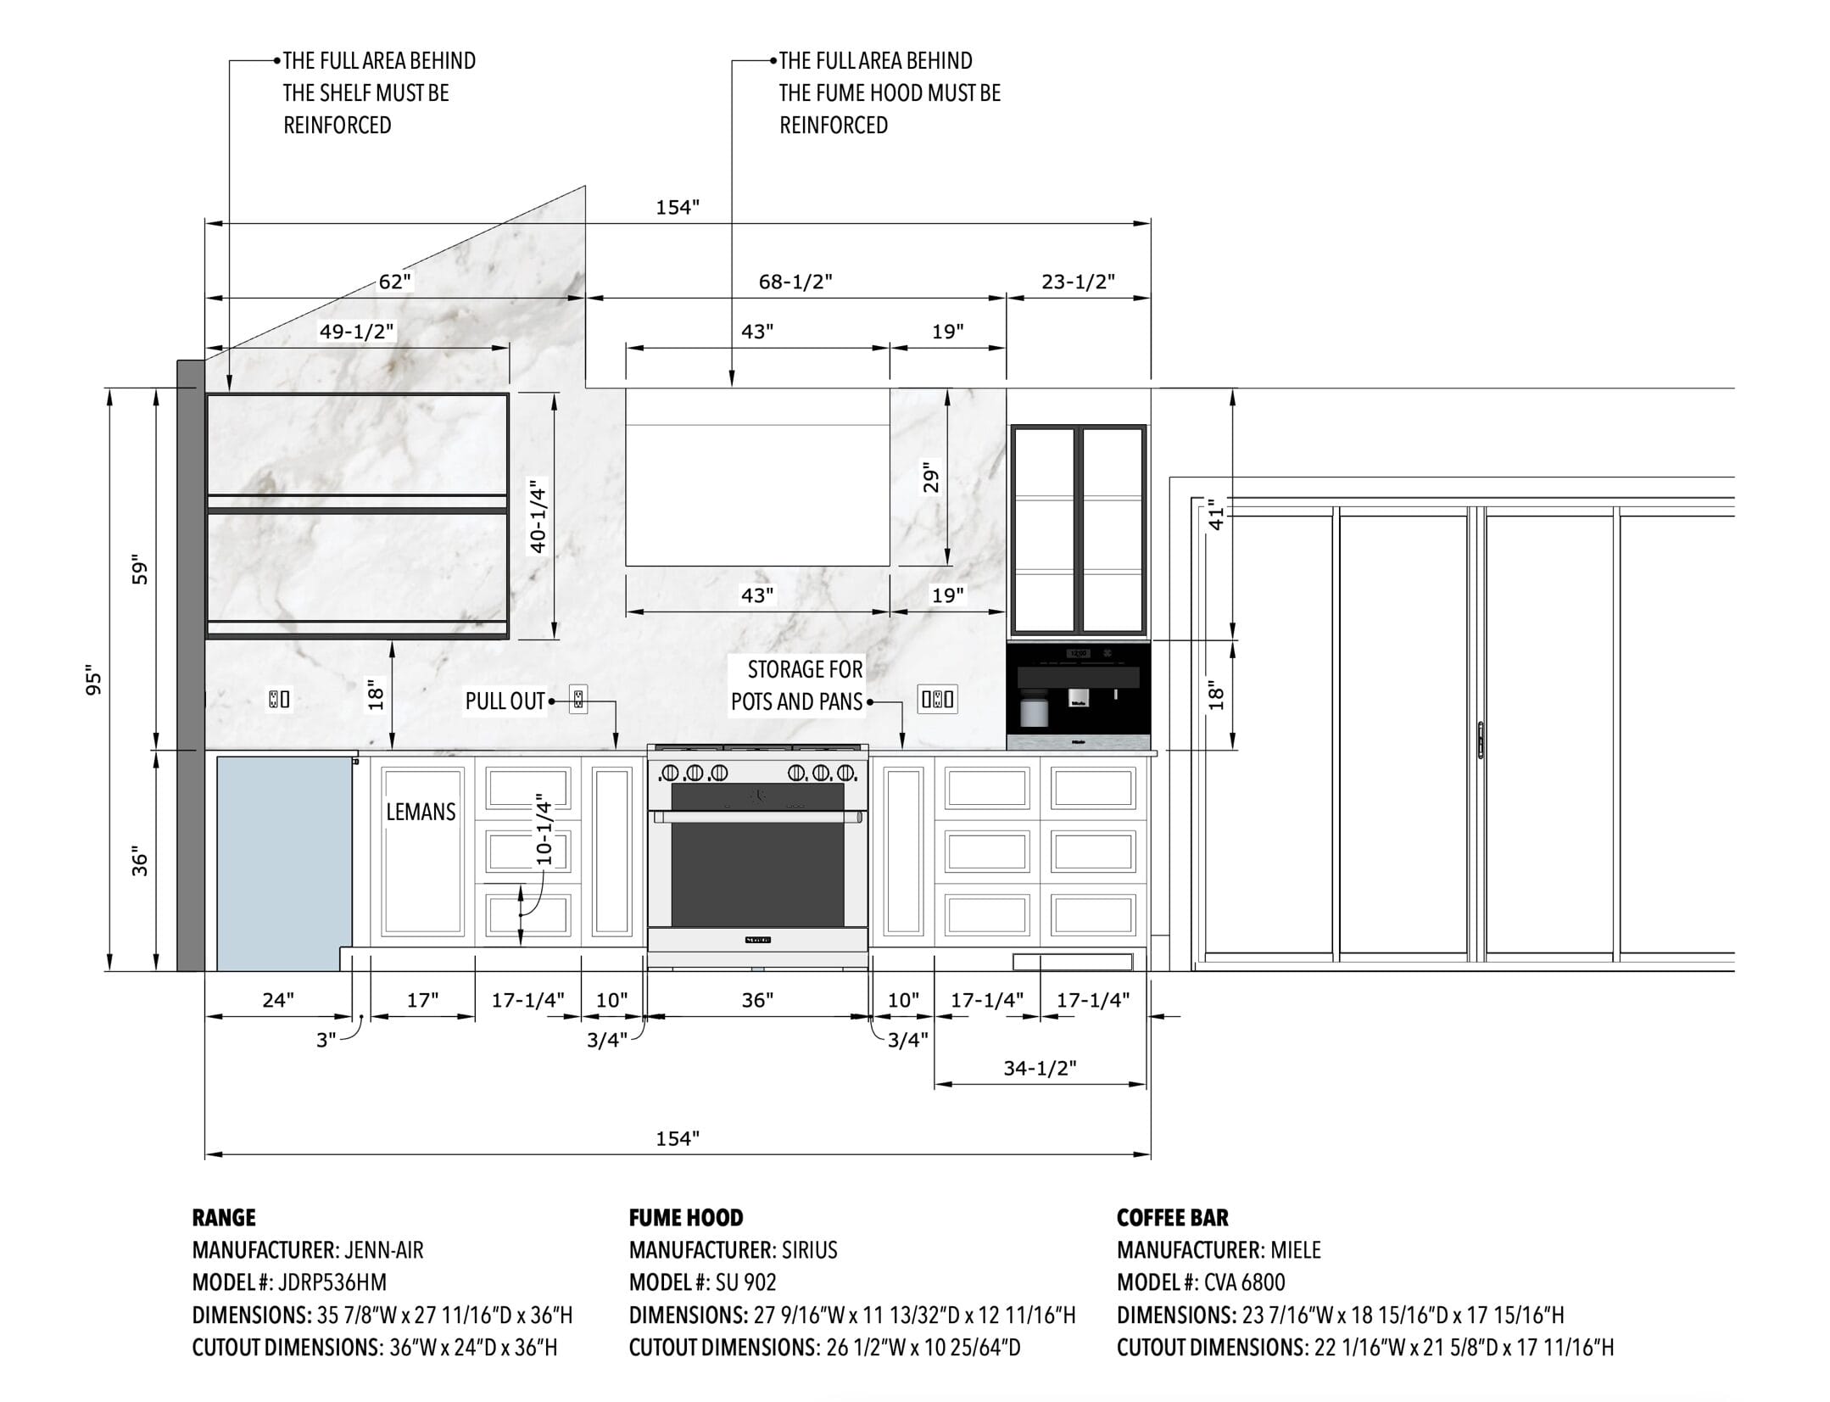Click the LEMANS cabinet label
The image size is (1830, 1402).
(421, 812)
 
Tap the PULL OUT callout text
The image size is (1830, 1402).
(505, 701)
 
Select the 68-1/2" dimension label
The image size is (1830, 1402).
(795, 282)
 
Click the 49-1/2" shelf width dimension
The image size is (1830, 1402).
(357, 332)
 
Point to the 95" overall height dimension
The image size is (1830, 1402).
(93, 682)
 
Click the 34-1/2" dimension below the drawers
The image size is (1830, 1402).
(1040, 1068)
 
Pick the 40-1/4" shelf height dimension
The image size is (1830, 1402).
(538, 516)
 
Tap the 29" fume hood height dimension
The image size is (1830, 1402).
(931, 478)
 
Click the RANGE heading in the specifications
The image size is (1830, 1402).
(224, 1217)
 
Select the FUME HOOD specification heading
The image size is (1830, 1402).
(686, 1217)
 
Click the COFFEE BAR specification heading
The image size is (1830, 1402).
(1172, 1217)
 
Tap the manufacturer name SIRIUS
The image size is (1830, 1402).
(810, 1249)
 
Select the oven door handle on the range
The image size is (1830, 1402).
(758, 817)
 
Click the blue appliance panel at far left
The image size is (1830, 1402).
(284, 863)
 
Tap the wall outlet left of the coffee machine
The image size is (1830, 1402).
(938, 700)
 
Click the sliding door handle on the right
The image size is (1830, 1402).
(1481, 740)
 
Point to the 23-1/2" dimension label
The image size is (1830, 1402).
(1078, 282)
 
